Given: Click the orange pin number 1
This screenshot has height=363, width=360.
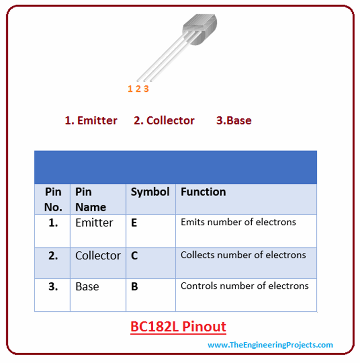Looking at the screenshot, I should [x=130, y=89].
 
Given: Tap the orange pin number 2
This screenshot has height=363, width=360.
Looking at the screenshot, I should [x=138, y=89].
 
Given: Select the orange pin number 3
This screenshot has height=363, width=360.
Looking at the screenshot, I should [x=146, y=89].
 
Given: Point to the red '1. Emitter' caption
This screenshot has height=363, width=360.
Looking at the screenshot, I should [x=91, y=121].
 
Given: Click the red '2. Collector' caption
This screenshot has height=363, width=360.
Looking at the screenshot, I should [x=164, y=121].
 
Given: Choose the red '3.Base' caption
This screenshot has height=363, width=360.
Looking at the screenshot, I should [x=233, y=121].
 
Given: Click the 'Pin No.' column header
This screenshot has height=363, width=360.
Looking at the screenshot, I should [x=53, y=199].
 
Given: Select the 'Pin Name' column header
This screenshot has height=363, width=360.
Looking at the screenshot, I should [x=90, y=199].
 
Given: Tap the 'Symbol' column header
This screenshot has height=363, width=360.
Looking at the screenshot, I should [x=150, y=192].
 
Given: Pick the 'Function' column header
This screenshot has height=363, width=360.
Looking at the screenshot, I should [x=203, y=192].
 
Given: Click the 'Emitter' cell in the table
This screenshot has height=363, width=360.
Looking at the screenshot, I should [x=94, y=223].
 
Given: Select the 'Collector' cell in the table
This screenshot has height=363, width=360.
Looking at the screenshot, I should [x=98, y=256].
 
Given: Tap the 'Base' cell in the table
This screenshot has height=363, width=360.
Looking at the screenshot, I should [x=87, y=286].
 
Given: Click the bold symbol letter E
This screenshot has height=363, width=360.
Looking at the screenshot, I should [x=134, y=223].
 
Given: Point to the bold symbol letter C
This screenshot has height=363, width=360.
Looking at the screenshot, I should [x=135, y=256].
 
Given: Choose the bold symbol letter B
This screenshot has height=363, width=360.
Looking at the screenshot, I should [x=135, y=287].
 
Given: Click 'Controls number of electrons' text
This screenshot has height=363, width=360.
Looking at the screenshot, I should [x=245, y=286].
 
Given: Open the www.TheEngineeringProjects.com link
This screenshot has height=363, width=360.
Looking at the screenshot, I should [x=270, y=345].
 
